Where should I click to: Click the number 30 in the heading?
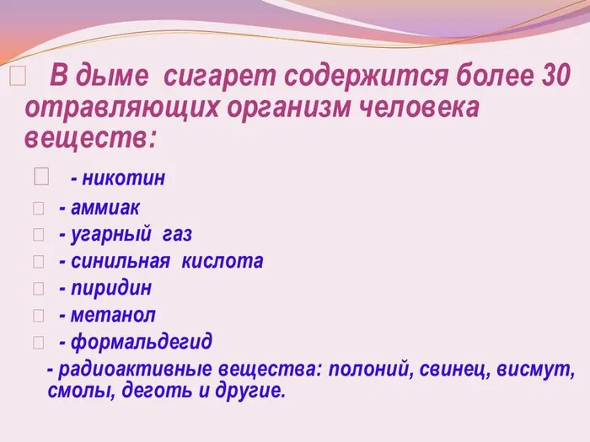tap(552, 78)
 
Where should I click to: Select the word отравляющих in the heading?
tap(109, 108)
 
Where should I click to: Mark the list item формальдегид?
tap(141, 342)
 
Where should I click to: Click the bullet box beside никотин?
tap(42, 178)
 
